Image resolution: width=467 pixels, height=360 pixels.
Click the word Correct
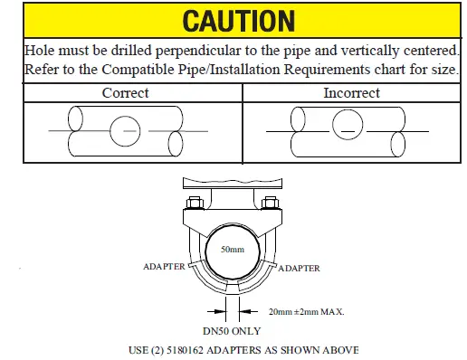point(125,92)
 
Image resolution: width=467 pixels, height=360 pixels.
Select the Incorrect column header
point(351,92)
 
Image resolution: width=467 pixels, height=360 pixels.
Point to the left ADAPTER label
point(164,268)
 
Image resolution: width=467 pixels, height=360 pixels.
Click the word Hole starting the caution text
point(39,51)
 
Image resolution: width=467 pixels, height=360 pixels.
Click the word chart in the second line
point(388,70)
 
